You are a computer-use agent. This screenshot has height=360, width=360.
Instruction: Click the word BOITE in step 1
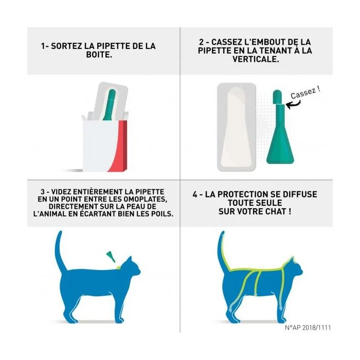coord(98,53)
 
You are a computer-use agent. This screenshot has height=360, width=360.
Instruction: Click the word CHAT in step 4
coord(273,211)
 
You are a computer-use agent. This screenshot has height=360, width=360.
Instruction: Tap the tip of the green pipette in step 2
coord(277,96)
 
